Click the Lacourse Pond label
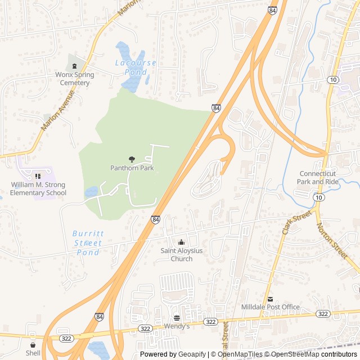pyautogui.click(x=136, y=67)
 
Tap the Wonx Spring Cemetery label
pyautogui.click(x=75, y=79)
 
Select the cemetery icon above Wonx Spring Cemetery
pyautogui.click(x=75, y=66)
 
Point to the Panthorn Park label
pyautogui.click(x=132, y=168)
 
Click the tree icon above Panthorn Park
pyautogui.click(x=132, y=159)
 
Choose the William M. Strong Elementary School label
pyautogui.click(x=38, y=189)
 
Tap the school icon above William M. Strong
pyautogui.click(x=38, y=177)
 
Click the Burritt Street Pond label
pyautogui.click(x=87, y=243)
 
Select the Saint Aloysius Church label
pyautogui.click(x=181, y=255)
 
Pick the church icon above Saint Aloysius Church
pyautogui.click(x=181, y=242)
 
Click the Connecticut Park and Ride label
pyautogui.click(x=318, y=178)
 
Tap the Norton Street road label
pyautogui.click(x=332, y=241)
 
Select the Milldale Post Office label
pyautogui.click(x=270, y=307)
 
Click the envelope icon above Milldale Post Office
pyautogui.click(x=270, y=298)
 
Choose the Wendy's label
pyautogui.click(x=177, y=326)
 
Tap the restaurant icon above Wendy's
pyautogui.click(x=177, y=317)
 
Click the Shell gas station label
pyautogui.click(x=33, y=353)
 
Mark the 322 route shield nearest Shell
pyautogui.click(x=65, y=339)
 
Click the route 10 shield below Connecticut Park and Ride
pyautogui.click(x=319, y=197)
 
